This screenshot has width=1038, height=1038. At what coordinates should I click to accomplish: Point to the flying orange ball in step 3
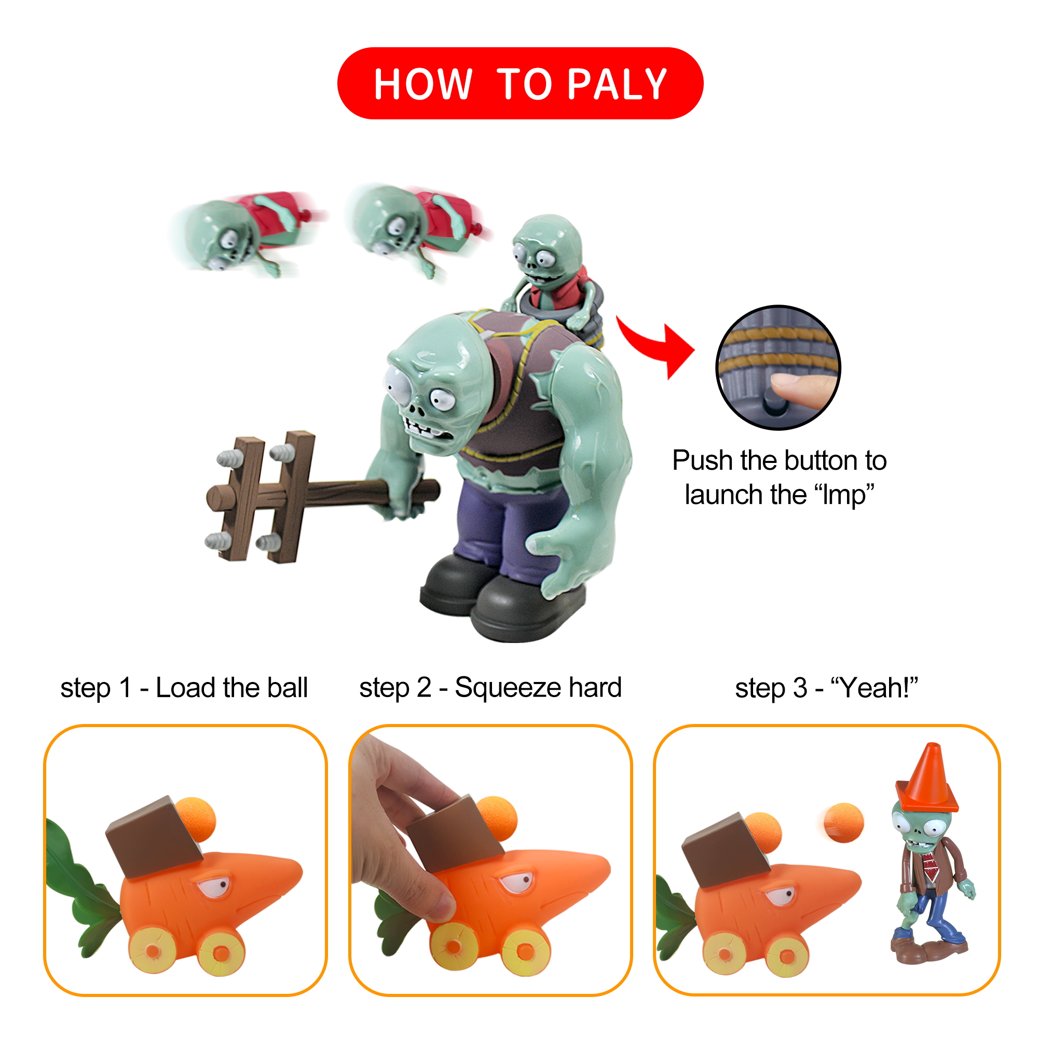844,823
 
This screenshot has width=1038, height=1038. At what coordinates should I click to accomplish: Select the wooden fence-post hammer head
260,497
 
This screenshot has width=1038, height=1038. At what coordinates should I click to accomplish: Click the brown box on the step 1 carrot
155,838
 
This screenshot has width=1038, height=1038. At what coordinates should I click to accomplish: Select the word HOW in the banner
423,85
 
